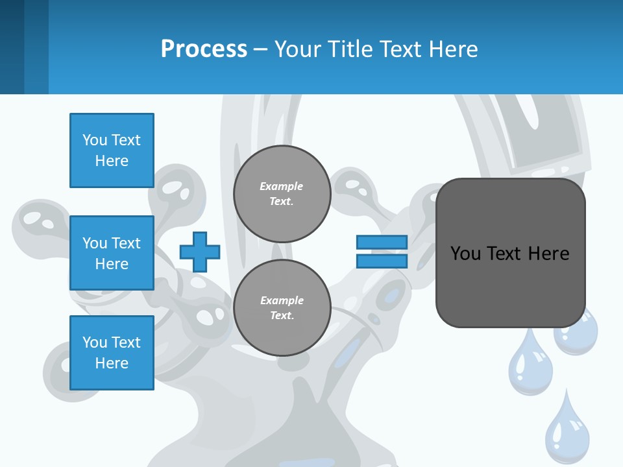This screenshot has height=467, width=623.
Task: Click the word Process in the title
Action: (204, 49)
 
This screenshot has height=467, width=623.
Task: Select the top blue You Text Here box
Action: (112, 150)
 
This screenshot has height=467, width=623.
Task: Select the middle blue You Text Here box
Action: (112, 253)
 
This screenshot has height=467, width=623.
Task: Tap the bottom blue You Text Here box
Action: (112, 353)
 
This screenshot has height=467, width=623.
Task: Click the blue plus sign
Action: (200, 252)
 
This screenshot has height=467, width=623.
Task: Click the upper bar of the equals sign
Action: (382, 243)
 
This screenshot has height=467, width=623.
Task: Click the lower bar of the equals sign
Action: (382, 261)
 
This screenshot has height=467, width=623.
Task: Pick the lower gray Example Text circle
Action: (282, 308)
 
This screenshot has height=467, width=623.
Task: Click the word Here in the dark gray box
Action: (548, 254)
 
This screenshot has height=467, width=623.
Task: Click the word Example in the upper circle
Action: (281, 187)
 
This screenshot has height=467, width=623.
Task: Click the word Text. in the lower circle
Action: (282, 316)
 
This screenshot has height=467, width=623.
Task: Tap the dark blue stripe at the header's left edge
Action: (12, 47)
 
